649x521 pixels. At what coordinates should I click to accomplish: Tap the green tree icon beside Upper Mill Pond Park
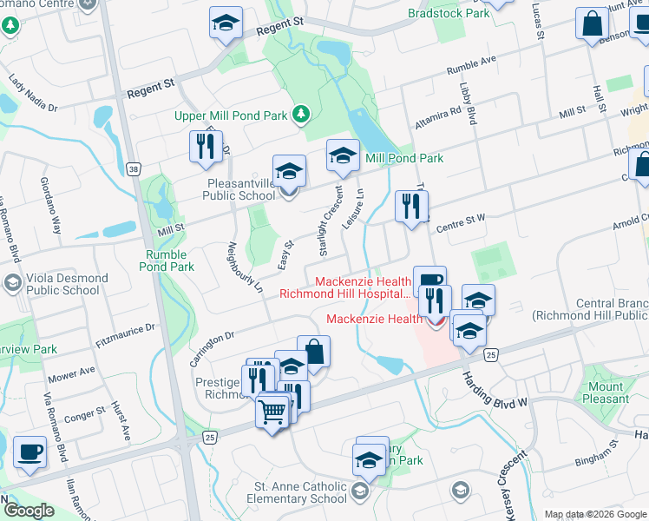301,114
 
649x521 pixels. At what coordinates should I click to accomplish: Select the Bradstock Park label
449,14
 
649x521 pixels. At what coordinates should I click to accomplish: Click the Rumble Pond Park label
166,260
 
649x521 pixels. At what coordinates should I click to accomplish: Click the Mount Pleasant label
606,392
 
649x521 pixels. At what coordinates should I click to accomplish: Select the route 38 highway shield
133,168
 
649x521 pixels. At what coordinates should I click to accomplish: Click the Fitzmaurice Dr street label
125,330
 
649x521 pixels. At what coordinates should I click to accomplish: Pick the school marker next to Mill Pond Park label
343,156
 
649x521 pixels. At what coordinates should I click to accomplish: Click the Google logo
29,511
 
